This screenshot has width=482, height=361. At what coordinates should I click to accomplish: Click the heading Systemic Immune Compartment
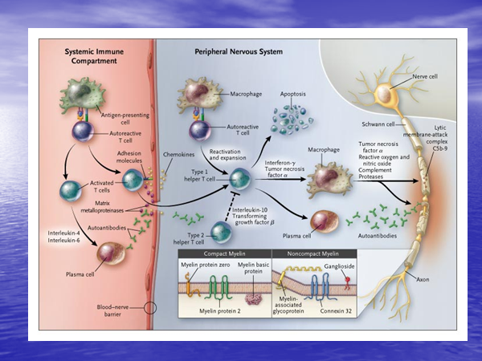[x=94, y=55]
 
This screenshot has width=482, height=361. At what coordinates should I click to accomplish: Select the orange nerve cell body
[x=390, y=95]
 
